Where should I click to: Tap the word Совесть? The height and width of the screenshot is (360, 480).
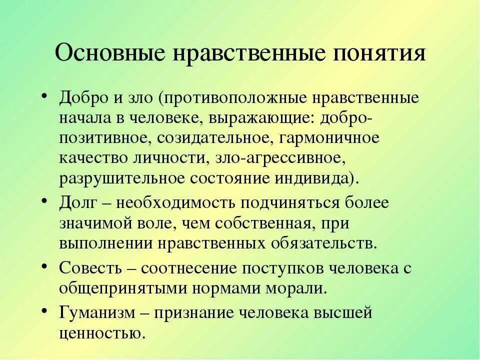click(x=92, y=268)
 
